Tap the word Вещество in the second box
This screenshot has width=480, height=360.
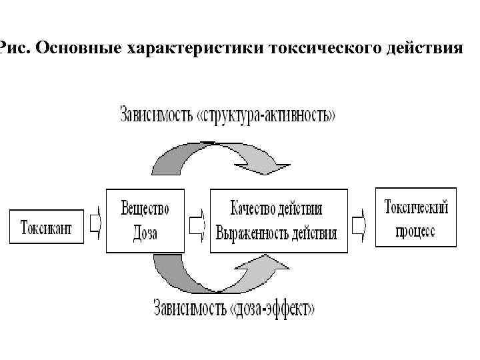click(x=145, y=208)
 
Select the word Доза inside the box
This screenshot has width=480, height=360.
click(x=145, y=233)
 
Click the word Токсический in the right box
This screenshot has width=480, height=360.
click(x=417, y=207)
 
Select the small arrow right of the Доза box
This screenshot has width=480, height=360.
click(x=197, y=227)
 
